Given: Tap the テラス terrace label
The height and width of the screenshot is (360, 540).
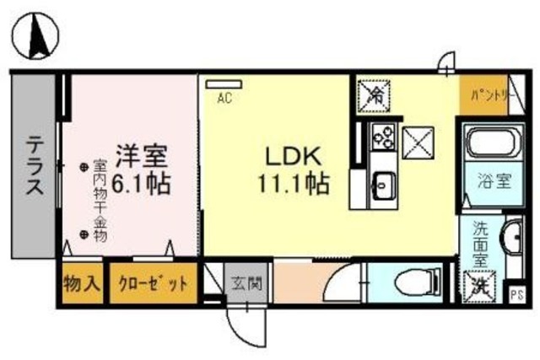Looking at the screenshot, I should tap(35, 166).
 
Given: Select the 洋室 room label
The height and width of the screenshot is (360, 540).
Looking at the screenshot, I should tap(142, 156).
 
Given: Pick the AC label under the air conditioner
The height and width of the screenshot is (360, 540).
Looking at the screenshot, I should tap(224, 98).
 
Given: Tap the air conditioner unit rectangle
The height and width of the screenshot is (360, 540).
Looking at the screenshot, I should tap(224, 83).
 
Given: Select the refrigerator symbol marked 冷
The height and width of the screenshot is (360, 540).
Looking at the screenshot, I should tap(372, 94).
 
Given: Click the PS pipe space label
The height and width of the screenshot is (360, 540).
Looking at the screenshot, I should tap(516, 294).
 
